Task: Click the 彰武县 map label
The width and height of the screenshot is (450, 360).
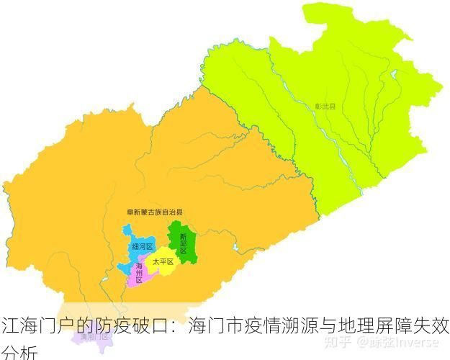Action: [x=325, y=106]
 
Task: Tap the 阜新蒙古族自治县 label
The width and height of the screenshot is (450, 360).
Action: [x=154, y=212]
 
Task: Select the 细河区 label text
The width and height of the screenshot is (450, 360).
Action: [x=143, y=247]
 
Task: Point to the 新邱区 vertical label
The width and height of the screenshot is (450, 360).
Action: [x=184, y=243]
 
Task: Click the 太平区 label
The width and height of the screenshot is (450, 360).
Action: [x=163, y=261]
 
